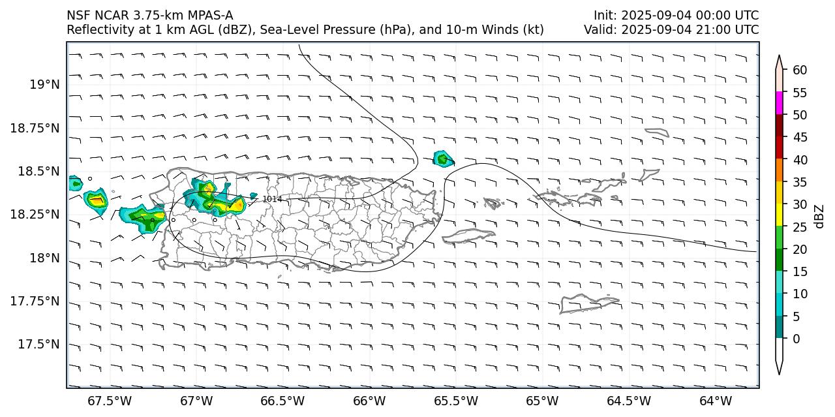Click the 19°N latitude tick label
click(x=44, y=85)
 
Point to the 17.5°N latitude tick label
click(x=40, y=345)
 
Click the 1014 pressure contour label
click(x=272, y=199)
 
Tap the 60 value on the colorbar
click(x=800, y=70)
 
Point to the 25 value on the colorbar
click(x=800, y=227)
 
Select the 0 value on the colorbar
click(x=797, y=339)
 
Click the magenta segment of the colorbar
click(x=779, y=104)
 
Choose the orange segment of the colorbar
click(x=779, y=171)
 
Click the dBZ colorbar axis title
click(x=820, y=217)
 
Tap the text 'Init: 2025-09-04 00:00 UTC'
click(x=676, y=16)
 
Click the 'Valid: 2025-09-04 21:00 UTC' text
click(x=671, y=30)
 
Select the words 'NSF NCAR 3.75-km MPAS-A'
click(x=149, y=16)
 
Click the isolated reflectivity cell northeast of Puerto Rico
click(x=443, y=159)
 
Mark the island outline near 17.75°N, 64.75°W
click(x=587, y=303)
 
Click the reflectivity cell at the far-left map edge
click(x=74, y=183)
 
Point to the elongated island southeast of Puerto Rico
click(x=468, y=235)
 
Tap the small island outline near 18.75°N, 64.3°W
click(x=657, y=132)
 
